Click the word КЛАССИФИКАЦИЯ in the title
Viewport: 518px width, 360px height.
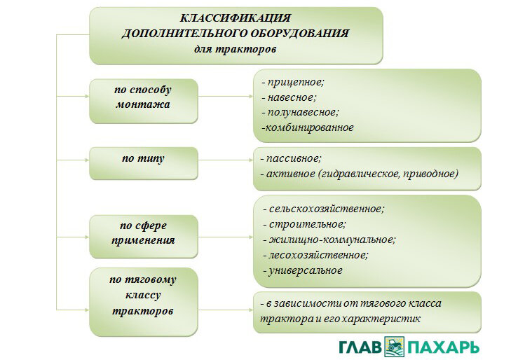pyautogui.click(x=236, y=18)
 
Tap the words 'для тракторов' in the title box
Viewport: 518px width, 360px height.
pyautogui.click(x=235, y=50)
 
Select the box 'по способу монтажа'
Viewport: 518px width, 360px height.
pyautogui.click(x=144, y=101)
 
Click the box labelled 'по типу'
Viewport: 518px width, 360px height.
pyautogui.click(x=144, y=163)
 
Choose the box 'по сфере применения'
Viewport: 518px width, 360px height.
pyautogui.click(x=144, y=236)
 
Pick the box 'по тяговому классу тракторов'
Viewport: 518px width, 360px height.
pyautogui.click(x=144, y=302)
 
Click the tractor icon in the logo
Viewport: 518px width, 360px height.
pyautogui.click(x=395, y=347)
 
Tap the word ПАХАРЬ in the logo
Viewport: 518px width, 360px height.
pyautogui.click(x=443, y=347)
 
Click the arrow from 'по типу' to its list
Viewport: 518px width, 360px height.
pyautogui.click(x=226, y=160)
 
